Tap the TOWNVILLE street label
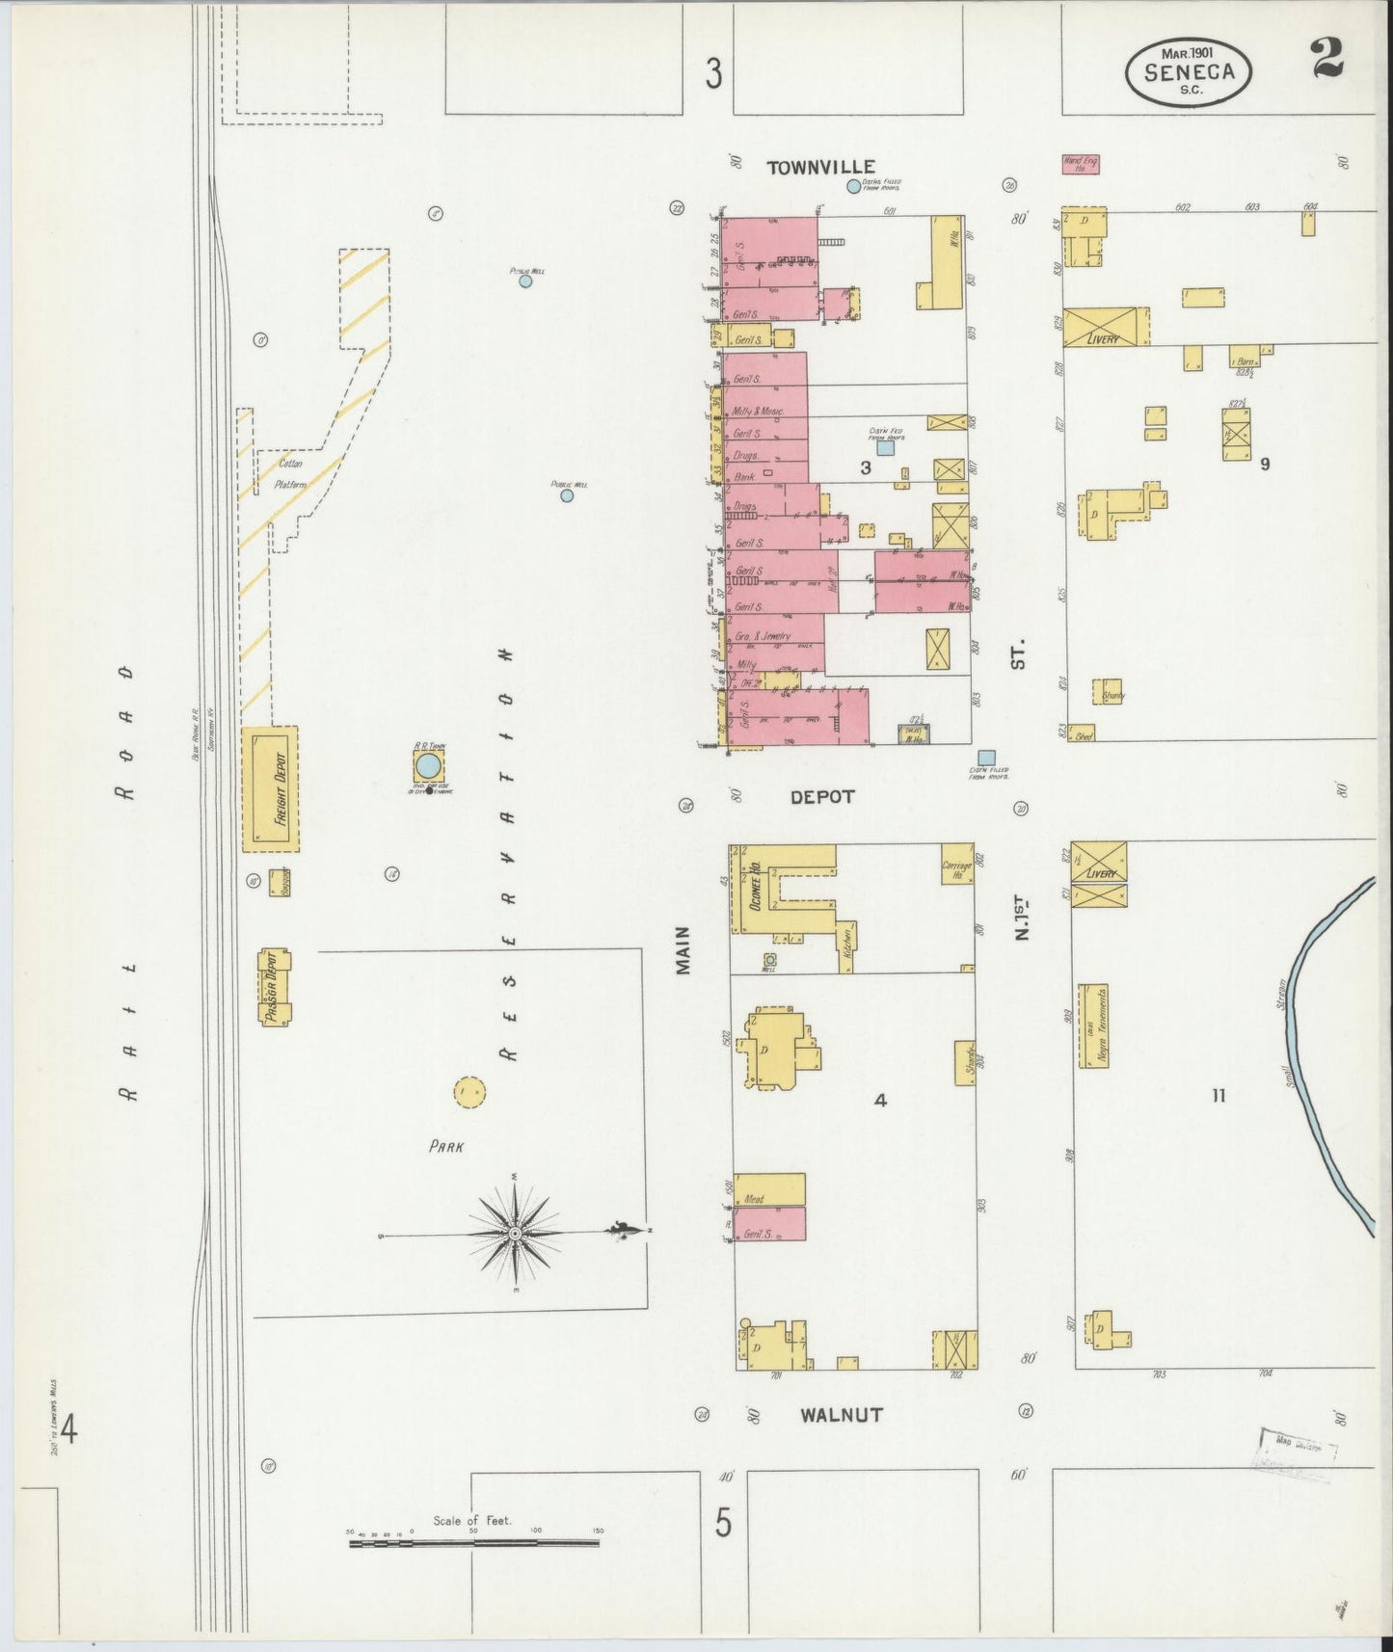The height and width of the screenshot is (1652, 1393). point(820,168)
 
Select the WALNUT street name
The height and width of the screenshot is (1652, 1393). point(841,1415)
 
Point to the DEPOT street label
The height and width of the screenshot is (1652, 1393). point(822,797)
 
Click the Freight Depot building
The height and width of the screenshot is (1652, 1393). point(270,788)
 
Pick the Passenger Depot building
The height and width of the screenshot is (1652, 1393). point(275,987)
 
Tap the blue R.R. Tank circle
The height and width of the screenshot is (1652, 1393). point(428,766)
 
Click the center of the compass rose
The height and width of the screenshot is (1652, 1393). point(516,1233)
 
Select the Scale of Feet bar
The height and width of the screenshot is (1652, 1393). point(473,1543)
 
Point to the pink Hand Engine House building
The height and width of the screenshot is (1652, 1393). point(1081,165)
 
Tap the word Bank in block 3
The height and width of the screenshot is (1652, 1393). point(745,476)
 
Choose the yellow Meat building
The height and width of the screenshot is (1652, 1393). point(769,1189)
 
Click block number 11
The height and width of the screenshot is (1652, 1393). point(1219,1095)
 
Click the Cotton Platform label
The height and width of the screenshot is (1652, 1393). point(290,472)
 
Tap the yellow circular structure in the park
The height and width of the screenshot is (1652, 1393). point(469,1092)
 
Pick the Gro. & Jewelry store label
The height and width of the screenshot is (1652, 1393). point(763,636)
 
